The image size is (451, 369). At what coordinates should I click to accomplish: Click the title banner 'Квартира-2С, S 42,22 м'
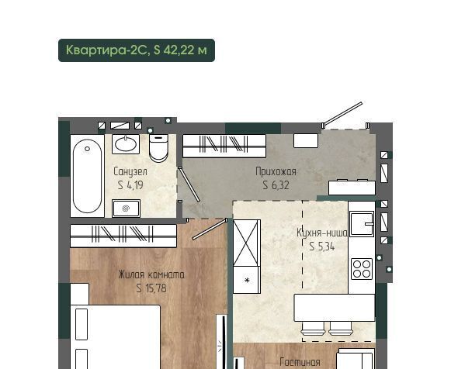coord(137,50)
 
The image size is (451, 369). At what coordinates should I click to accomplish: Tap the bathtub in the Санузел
coord(87,176)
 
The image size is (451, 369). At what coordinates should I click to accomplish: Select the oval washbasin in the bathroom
coord(126,144)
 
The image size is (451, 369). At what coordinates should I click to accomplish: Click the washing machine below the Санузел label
coord(127,209)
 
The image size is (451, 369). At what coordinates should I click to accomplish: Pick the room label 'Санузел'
coord(130,171)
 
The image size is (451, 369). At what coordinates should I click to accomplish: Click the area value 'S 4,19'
coord(130,185)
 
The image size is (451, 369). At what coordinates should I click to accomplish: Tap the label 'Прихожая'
coord(276,172)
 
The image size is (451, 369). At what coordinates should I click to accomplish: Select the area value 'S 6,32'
coord(276,185)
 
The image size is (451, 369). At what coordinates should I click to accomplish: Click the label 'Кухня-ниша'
coord(322,233)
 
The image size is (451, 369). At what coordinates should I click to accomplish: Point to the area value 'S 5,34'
coord(322,247)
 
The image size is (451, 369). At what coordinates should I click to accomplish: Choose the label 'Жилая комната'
coord(151,274)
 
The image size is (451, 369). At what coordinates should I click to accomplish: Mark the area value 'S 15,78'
coord(151,288)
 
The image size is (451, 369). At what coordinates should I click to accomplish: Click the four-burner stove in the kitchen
coord(362,269)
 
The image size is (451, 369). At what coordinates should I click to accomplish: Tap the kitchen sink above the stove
coord(362,224)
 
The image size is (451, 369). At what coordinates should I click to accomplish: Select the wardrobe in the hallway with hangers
coord(224,146)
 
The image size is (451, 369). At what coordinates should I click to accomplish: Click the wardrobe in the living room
coord(123,236)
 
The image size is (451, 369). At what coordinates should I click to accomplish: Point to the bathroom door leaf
coord(189,184)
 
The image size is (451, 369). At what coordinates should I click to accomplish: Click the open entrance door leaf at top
coord(342,114)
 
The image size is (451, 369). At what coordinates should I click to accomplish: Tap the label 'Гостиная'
coord(300,362)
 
